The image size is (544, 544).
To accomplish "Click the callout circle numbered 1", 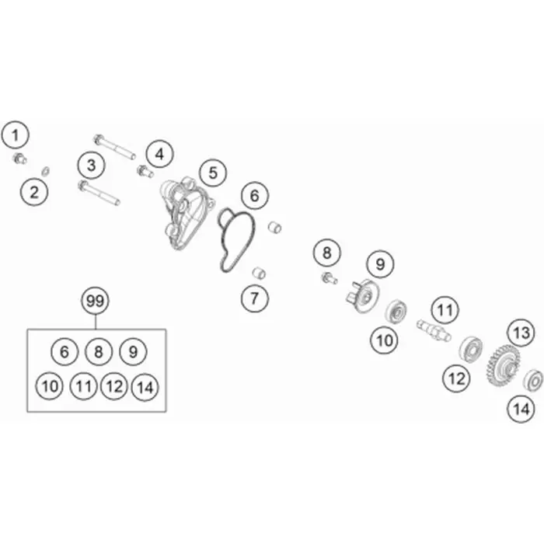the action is point(15,134).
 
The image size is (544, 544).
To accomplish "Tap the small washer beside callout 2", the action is point(45,170).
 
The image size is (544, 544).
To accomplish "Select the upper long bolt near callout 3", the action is point(114,146).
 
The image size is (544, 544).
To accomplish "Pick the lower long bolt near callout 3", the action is point(99,192).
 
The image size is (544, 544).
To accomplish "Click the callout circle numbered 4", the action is point(159,154).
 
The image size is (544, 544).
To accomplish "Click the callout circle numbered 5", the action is point(213,173).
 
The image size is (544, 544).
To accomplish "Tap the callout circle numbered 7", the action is point(255,298).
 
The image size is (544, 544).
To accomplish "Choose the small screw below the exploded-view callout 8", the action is point(330,278).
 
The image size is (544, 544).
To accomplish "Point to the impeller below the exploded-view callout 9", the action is point(363,295).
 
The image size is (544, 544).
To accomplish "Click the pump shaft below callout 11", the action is point(434,330).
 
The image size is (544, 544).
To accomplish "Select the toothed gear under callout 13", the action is point(503,367).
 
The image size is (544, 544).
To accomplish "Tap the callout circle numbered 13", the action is point(521,333).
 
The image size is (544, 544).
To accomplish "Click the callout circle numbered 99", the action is point(95,301).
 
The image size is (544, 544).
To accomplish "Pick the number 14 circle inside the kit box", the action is point(145,387).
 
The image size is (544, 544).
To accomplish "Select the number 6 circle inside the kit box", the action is point(65,352).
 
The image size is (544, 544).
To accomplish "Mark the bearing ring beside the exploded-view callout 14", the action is point(532,381).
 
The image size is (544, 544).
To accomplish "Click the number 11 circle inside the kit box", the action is point(83,385).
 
